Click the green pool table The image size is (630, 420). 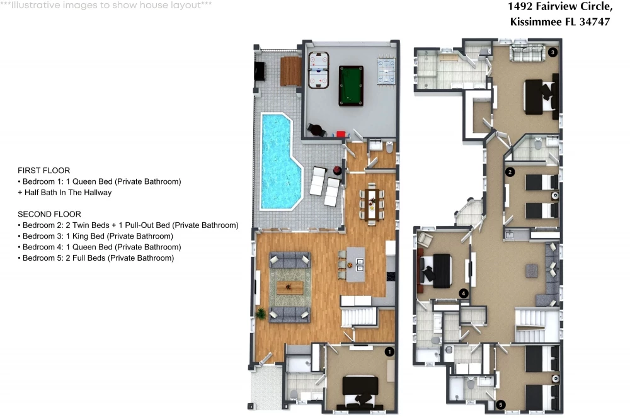click(351, 86)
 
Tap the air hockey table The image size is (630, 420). click(319, 70)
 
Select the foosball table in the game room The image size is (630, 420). click(386, 71)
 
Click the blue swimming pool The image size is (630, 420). click(279, 161)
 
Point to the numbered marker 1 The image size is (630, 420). click(389, 352)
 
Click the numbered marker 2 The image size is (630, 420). click(510, 173)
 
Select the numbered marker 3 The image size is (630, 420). click(553, 52)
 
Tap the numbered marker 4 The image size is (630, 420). click(464, 293)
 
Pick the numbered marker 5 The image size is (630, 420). click(501, 405)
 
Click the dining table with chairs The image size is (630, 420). click(372, 205)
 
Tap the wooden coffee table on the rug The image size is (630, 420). click(290, 288)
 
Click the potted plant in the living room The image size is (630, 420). click(261, 313)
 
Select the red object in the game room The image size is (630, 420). click(341, 134)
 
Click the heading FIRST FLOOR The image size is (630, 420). click(44, 170)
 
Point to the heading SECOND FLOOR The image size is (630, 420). click(49, 214)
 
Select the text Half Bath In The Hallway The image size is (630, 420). click(68, 192)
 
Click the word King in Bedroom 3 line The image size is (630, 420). click(80, 236)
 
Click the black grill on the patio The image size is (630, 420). click(260, 72)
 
